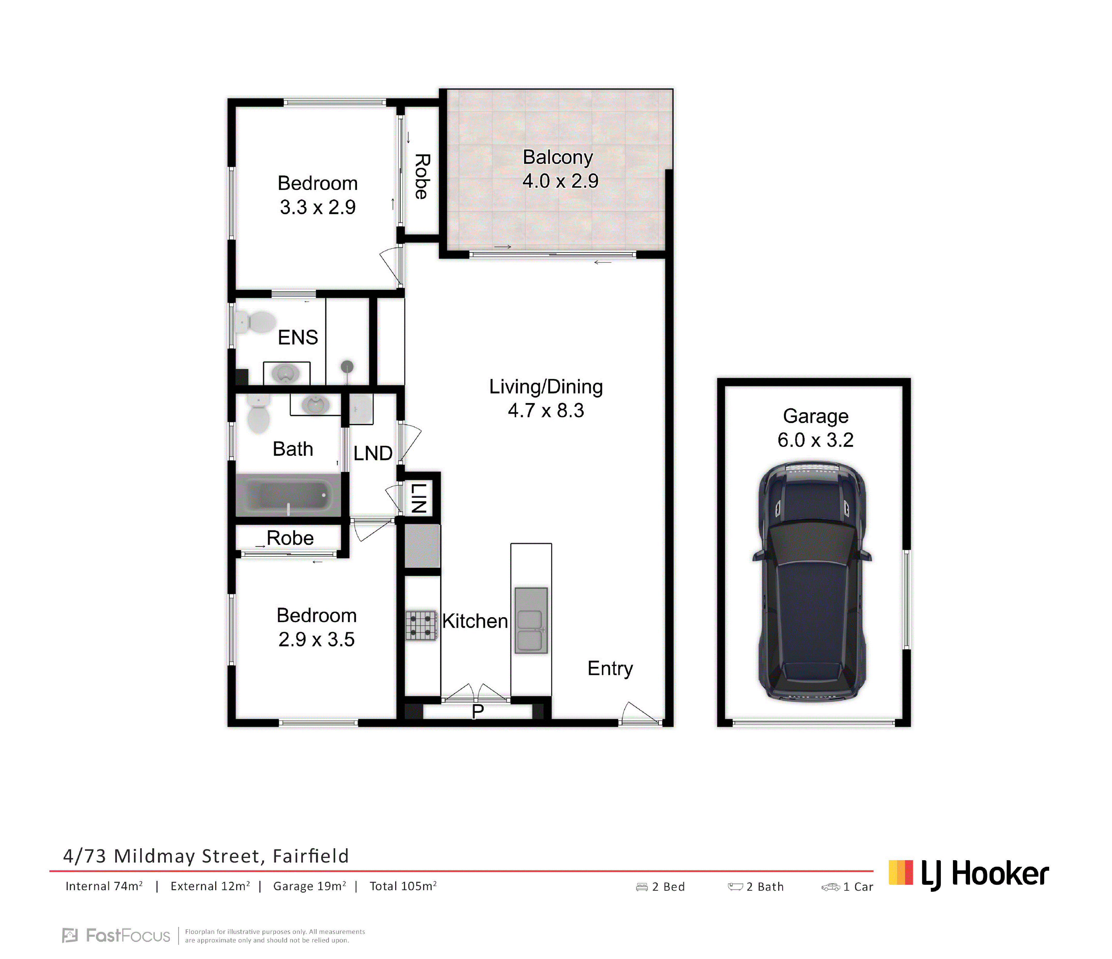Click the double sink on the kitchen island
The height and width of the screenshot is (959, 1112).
click(531, 620)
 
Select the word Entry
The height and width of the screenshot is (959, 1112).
click(610, 668)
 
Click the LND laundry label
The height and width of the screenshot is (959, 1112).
click(372, 453)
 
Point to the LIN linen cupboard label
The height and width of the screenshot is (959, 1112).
click(419, 498)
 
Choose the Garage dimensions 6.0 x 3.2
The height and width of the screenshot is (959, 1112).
click(815, 440)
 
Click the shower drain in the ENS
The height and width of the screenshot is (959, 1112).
click(348, 366)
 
